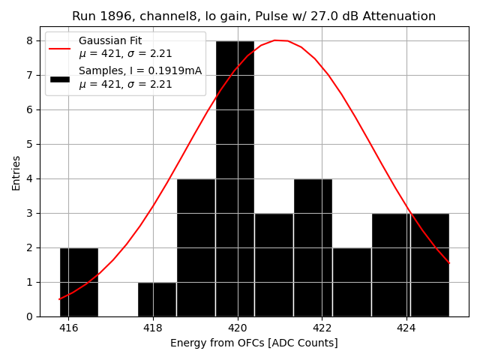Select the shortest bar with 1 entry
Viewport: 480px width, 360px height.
157,299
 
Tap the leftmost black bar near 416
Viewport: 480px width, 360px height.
79,282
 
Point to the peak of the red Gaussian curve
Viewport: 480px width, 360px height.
276,40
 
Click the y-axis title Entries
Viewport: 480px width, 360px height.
16,172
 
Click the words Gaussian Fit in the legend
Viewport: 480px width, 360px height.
110,40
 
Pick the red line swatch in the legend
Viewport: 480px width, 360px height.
60,48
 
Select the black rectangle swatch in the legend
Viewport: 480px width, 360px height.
60,78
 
